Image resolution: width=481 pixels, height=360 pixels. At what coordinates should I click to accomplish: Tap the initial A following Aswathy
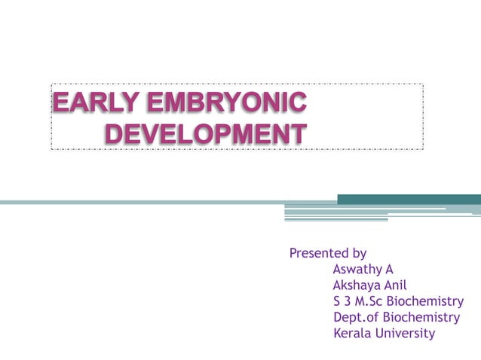pyautogui.click(x=389, y=269)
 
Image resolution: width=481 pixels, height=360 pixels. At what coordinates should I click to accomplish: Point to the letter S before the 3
pyautogui.click(x=336, y=301)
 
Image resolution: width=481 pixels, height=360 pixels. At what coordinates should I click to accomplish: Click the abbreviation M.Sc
pyautogui.click(x=375, y=301)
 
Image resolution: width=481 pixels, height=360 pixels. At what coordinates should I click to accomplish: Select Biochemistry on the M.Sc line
pyautogui.click(x=430, y=301)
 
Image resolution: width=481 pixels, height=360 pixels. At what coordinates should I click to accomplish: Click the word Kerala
pyautogui.click(x=353, y=333)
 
